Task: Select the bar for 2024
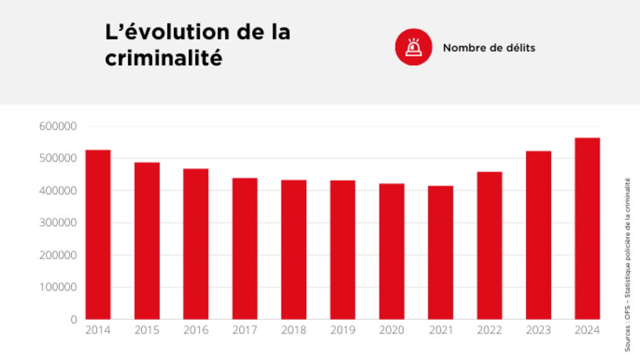tap(587, 229)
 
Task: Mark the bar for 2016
tap(196, 244)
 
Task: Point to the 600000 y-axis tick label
tap(58, 126)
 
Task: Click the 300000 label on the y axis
tap(58, 223)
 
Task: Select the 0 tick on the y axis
tap(73, 319)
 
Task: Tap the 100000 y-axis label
tap(58, 287)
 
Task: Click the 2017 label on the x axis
tap(244, 330)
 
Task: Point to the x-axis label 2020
tap(391, 330)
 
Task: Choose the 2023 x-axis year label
tap(539, 330)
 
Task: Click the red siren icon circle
tap(413, 47)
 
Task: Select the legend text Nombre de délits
tap(489, 47)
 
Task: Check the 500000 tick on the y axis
tap(58, 159)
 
